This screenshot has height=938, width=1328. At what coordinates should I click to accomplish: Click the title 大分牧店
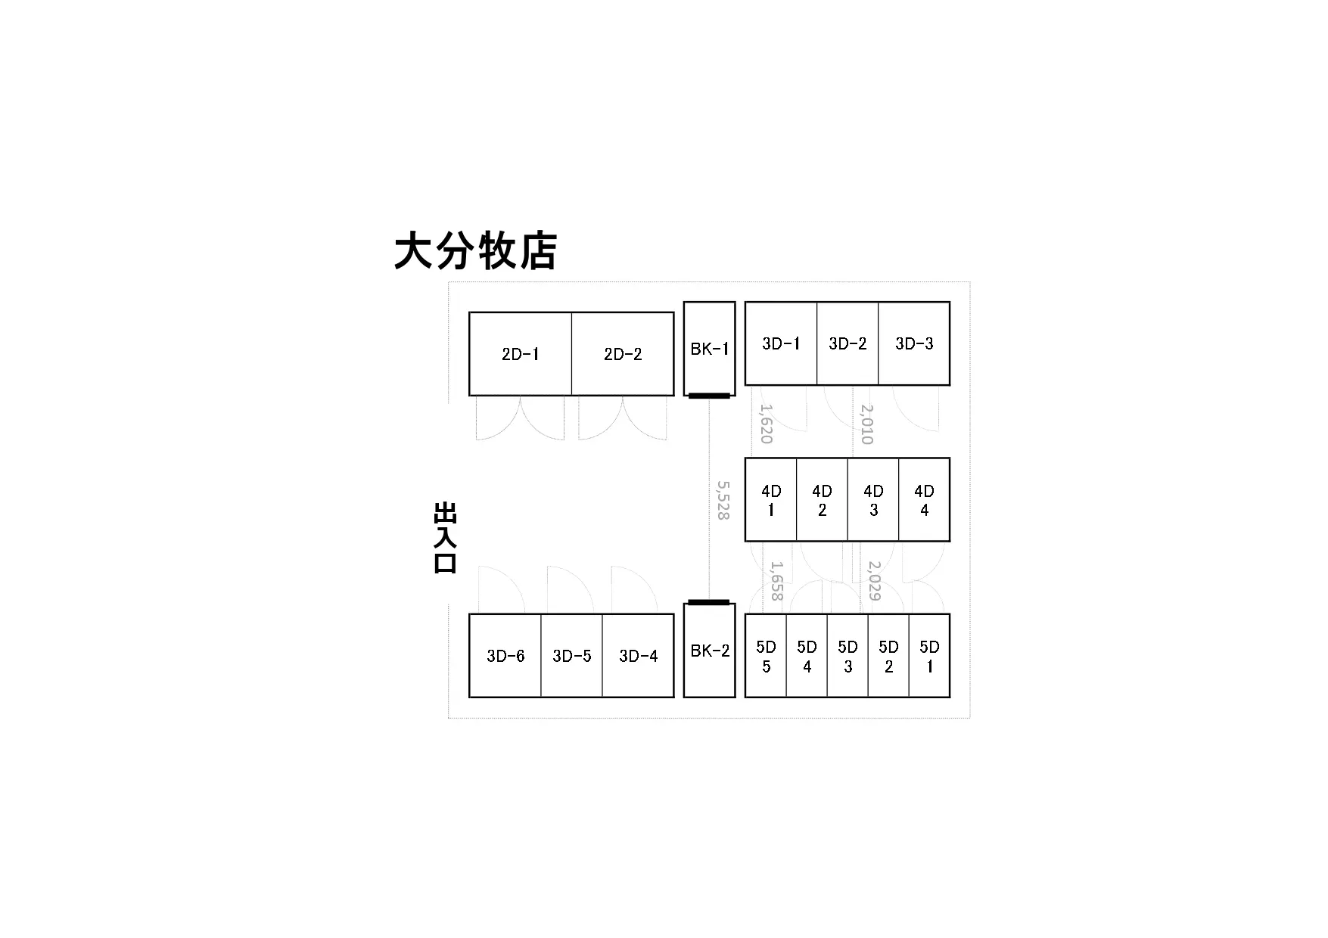point(475,251)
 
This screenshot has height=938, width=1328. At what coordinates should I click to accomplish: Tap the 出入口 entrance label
point(445,538)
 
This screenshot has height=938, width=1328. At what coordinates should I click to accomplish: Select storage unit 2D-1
point(521,354)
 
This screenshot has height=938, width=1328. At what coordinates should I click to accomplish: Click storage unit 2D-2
point(623,354)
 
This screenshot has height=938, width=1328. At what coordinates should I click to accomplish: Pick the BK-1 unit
point(710,349)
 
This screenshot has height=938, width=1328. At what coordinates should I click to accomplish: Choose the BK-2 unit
point(710,650)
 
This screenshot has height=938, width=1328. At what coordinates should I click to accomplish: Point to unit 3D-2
point(847,343)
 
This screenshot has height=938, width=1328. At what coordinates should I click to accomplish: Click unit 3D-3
point(914,343)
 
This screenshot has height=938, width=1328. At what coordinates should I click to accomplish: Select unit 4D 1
point(771,500)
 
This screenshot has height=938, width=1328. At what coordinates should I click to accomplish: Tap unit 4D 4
point(925,500)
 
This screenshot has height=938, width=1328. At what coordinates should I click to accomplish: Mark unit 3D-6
point(505,656)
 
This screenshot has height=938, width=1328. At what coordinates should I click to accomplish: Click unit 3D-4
point(639,656)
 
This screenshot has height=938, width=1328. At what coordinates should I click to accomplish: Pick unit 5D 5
point(766,656)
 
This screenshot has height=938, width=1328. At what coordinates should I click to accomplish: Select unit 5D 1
point(929,656)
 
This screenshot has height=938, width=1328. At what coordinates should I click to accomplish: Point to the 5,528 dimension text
point(723,500)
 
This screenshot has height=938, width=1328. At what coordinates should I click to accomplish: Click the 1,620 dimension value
point(766,424)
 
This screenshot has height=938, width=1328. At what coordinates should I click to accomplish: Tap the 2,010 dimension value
point(867,424)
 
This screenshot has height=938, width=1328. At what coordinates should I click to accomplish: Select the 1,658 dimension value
point(776,580)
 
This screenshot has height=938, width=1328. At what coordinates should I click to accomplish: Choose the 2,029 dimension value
point(875,580)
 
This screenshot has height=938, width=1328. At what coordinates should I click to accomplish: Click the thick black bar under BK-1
point(709,396)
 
